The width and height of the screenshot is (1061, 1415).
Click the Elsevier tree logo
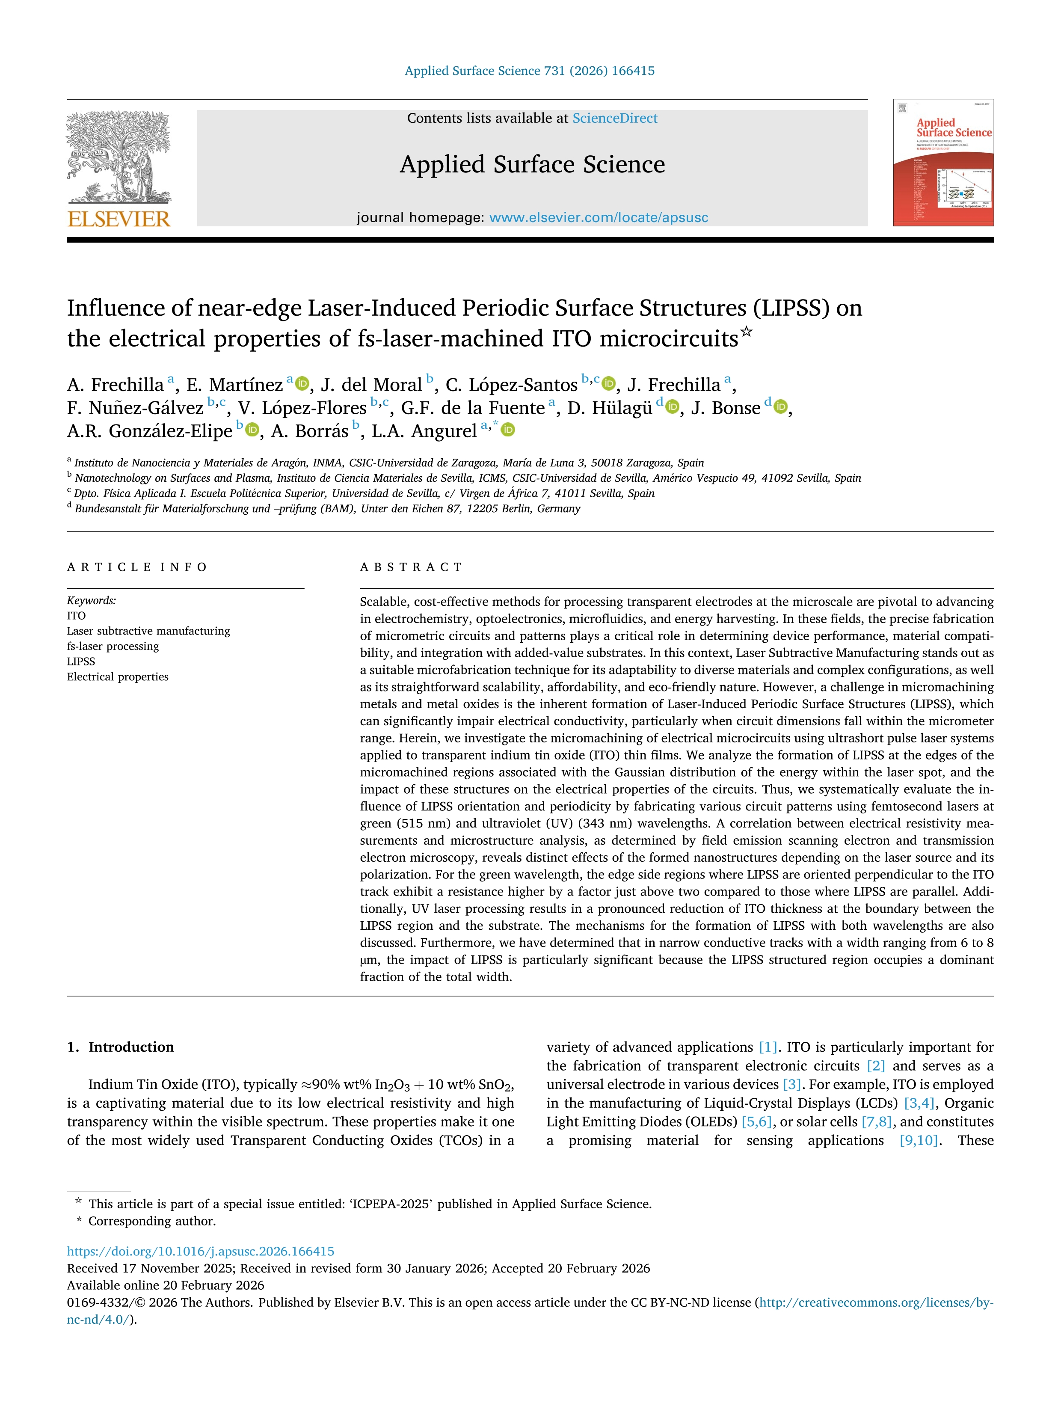pos(119,157)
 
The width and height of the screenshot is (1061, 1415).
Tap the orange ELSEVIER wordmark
pos(119,220)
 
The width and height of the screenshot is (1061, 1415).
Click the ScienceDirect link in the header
pos(615,119)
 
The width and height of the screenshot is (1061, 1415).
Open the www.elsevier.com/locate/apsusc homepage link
pos(599,217)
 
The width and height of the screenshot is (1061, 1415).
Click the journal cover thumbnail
pos(943,163)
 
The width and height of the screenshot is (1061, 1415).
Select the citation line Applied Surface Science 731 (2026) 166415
pos(530,71)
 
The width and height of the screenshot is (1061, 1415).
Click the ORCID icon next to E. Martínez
pos(302,384)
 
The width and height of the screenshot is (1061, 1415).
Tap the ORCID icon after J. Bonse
pos(780,407)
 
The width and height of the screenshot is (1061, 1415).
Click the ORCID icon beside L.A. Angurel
pos(508,430)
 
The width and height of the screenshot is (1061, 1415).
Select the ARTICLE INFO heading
pos(137,567)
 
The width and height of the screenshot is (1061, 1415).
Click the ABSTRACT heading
pos(411,567)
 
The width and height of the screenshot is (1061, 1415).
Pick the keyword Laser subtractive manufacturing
pos(148,631)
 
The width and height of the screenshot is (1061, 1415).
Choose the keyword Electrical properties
pos(118,677)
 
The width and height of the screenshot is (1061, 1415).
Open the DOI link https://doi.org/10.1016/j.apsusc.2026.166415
pos(200,1251)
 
